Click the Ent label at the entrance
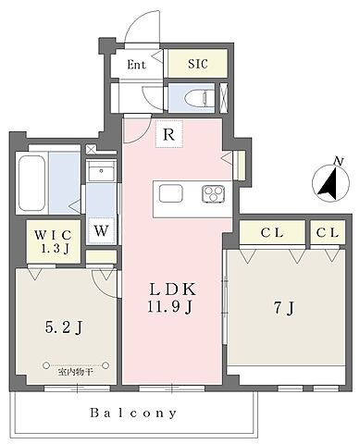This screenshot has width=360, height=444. pyautogui.click(x=136, y=65)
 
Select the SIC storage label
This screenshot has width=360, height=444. pyautogui.click(x=198, y=64)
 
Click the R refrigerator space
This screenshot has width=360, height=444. pyautogui.click(x=169, y=134)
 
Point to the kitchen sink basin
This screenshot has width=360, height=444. pyautogui.click(x=170, y=193)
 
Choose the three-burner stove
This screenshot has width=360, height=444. pyautogui.click(x=213, y=194)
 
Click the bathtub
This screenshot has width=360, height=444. pyautogui.click(x=31, y=183)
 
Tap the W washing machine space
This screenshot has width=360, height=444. pyautogui.click(x=101, y=230)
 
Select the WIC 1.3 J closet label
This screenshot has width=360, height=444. pyautogui.click(x=54, y=241)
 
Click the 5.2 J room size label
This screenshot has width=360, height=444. pyautogui.click(x=64, y=327)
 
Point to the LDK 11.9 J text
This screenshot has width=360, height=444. pyautogui.click(x=172, y=298)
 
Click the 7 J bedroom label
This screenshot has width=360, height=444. pyautogui.click(x=284, y=308)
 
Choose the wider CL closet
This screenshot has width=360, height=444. pyautogui.click(x=272, y=232)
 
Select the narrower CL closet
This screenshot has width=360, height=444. pyautogui.click(x=328, y=232)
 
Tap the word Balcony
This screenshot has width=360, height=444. pyautogui.click(x=133, y=413)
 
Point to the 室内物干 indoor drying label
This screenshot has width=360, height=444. pyautogui.click(x=75, y=372)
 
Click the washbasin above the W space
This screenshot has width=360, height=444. pyautogui.click(x=101, y=170)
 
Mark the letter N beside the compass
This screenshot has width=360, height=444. pyautogui.click(x=340, y=161)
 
